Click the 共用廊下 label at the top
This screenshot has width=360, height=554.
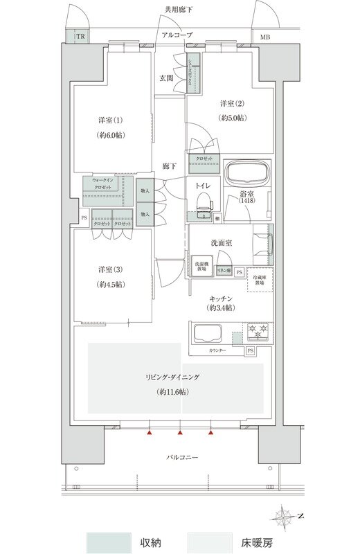179,10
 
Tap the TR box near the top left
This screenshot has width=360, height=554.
80,36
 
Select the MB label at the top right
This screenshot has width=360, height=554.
266,37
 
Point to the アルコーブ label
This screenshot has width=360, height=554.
177,34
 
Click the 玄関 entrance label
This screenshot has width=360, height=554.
167,78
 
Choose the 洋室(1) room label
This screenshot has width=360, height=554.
110,120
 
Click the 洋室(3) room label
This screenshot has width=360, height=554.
110,269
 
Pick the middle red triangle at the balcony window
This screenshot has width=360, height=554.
180,434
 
